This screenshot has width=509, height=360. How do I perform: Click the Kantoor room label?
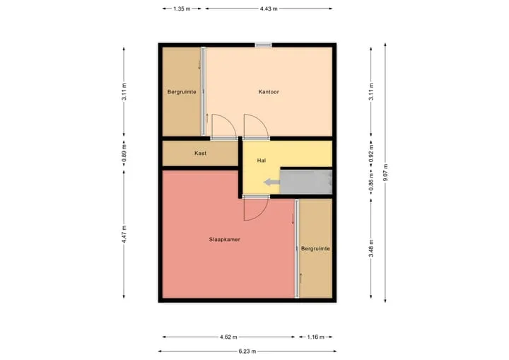tap(269, 92)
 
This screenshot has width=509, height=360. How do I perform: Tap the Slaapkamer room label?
tap(224, 240)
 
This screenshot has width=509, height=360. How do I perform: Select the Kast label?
tap(200, 153)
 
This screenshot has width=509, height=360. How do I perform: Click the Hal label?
tap(262, 160)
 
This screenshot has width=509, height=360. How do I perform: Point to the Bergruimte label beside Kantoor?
tap(182, 92)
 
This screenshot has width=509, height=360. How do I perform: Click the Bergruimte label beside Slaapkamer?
tap(315, 248)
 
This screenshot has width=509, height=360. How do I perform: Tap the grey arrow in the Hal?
tap(271, 182)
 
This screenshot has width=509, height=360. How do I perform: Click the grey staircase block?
tap(306, 182)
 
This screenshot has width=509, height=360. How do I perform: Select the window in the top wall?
tap(263, 45)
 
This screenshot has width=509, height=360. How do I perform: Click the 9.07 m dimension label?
tap(385, 173)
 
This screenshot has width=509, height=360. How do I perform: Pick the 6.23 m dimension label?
tap(247, 352)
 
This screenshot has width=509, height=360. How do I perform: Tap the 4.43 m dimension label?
tap(269, 8)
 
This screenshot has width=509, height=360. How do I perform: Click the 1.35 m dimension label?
tap(182, 8)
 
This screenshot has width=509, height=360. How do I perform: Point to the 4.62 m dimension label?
tap(228, 337)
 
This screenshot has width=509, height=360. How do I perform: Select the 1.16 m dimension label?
tap(315, 337)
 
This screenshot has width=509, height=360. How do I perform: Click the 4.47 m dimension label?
tap(124, 234)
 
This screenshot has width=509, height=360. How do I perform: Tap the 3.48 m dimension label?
tap(371, 248)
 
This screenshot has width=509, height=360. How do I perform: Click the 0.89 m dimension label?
tap(124, 153)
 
